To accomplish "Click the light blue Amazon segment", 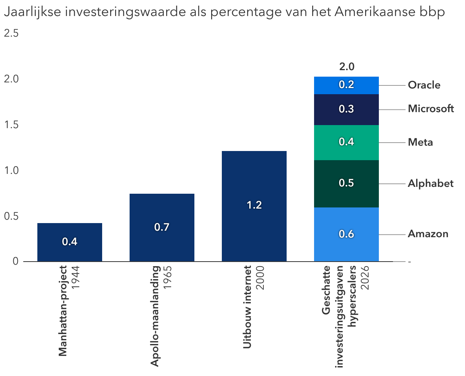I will click(346, 234).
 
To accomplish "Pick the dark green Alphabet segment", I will click(346, 183).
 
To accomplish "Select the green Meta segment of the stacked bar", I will click(346, 142).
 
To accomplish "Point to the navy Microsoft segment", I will click(346, 109).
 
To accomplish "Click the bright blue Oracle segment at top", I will click(346, 85).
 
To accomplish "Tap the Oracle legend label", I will click(424, 85).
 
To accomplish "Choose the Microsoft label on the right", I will click(431, 109).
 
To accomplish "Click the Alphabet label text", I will click(431, 184).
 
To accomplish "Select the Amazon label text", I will click(428, 234).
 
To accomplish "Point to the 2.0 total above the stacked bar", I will click(346, 67).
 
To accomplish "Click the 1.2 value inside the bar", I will click(254, 205).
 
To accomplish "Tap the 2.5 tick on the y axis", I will click(11, 34).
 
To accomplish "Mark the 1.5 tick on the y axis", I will click(11, 125).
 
